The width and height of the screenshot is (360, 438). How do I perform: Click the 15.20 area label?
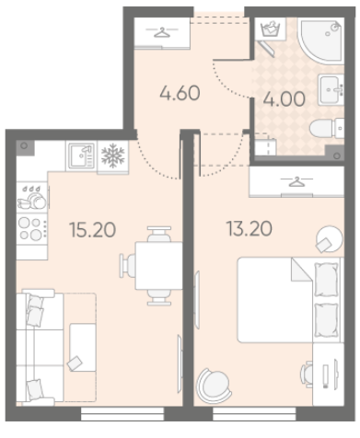coord(93,230)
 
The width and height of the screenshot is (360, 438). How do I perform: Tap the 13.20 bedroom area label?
coord(249,229)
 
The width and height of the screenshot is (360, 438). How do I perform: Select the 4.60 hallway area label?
coord(180,93)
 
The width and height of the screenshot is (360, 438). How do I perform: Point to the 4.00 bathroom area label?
coord(285,98)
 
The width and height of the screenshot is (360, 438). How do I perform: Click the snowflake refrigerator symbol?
coord(113,156)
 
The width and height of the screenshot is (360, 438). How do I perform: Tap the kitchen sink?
coord(81,156)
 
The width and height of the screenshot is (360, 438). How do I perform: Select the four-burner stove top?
coord(31,228)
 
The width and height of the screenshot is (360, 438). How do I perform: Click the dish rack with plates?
coord(31,197)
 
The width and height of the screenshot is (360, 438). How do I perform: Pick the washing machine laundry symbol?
coord(271,29)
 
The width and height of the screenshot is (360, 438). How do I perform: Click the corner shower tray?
coord(321,41)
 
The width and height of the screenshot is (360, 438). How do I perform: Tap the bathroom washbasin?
coord(331,89)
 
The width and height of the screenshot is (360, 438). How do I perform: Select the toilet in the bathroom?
coord(327,128)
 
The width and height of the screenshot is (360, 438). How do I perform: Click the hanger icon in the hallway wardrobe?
coord(162,32)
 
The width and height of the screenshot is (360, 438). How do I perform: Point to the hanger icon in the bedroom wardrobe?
coord(296,181)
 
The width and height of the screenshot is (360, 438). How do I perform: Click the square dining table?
coord(159,266)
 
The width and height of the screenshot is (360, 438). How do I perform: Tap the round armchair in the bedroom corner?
coord(214,386)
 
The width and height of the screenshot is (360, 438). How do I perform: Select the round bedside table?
coord(330,238)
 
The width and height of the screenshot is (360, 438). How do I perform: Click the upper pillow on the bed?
coord(327,280)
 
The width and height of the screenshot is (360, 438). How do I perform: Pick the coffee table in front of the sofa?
coord(82,347)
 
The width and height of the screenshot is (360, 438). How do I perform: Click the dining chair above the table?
coord(159,235)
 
